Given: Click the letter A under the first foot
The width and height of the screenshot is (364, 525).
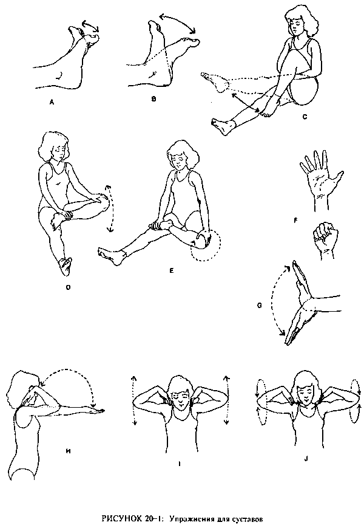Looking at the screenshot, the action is pyautogui.click(x=52, y=103).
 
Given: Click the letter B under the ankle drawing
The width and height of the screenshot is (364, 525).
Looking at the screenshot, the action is pyautogui.click(x=153, y=99).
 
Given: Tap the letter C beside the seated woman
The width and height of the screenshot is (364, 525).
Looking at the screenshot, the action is pyautogui.click(x=305, y=117).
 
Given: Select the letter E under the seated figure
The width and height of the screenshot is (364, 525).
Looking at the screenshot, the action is pyautogui.click(x=172, y=270).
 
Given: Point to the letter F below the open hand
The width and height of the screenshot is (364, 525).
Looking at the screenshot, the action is pyautogui.click(x=295, y=221).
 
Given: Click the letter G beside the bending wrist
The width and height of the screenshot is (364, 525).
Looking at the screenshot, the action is pyautogui.click(x=260, y=306).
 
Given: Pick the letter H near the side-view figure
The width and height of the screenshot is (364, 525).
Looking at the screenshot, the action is pyautogui.click(x=69, y=451).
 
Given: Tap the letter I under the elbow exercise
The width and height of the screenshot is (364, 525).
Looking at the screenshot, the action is pyautogui.click(x=180, y=464).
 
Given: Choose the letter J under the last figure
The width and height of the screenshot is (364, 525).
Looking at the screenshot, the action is pyautogui.click(x=306, y=459).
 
